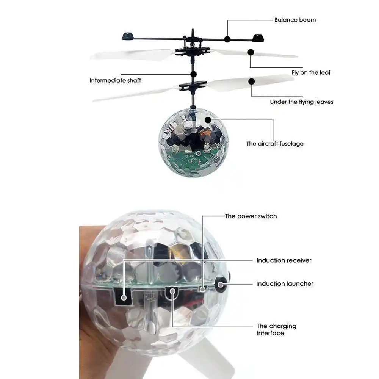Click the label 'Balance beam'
pyautogui.click(x=295, y=20)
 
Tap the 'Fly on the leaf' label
pyautogui.click(x=311, y=72)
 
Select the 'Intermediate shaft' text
pyautogui.click(x=115, y=80)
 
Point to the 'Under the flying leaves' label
pyautogui.click(x=302, y=102)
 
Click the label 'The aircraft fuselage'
pyautogui.click(x=275, y=144)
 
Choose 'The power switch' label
pyautogui.click(x=251, y=216)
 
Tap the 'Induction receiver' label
pyautogui.click(x=284, y=260)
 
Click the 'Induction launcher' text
pyautogui.click(x=285, y=284)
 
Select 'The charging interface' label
pyautogui.click(x=276, y=329)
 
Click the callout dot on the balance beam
pyautogui.click(x=227, y=39)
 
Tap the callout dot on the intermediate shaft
pyautogui.click(x=193, y=74)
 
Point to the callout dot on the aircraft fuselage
pyautogui.click(x=208, y=120)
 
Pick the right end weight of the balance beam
pyautogui.click(x=258, y=38)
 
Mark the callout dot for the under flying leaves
pyautogui.click(x=251, y=81)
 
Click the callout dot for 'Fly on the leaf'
pyautogui.click(x=251, y=52)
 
